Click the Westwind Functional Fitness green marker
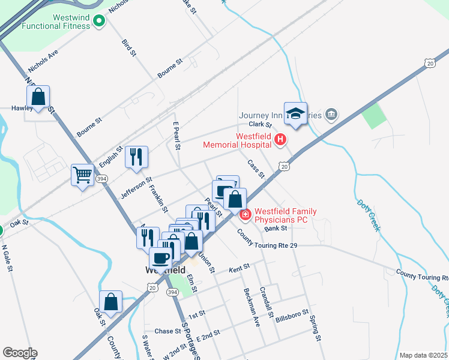[x=99, y=22]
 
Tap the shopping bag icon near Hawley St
[x=38, y=97]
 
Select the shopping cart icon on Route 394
[x=83, y=176]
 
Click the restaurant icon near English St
[x=136, y=157]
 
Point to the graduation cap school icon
[x=295, y=113]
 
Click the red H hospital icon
[x=280, y=140]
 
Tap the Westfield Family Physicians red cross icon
[x=246, y=214]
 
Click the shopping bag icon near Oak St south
[x=110, y=302]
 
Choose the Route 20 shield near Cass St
[x=285, y=166]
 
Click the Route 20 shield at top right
[x=429, y=62]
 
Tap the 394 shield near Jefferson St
[x=102, y=178]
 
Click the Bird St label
[x=128, y=48]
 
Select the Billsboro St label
[x=292, y=317]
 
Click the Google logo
[x=20, y=353]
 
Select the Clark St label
[x=261, y=124]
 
